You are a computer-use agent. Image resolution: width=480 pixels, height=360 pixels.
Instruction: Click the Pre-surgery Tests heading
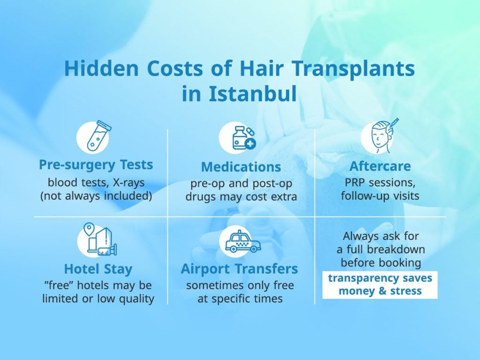[96, 165]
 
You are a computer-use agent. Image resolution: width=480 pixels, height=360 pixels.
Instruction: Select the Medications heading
[241, 167]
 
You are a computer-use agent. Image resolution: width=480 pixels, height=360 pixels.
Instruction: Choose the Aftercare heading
[380, 166]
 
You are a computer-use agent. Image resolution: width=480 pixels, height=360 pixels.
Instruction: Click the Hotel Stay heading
[98, 269]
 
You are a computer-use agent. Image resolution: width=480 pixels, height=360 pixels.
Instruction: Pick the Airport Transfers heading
[240, 269]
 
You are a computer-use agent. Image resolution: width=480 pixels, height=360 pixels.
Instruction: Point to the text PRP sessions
[380, 182]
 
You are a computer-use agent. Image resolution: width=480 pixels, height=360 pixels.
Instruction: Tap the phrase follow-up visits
[380, 195]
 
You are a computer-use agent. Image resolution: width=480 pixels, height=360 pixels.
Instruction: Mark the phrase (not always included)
[96, 195]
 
